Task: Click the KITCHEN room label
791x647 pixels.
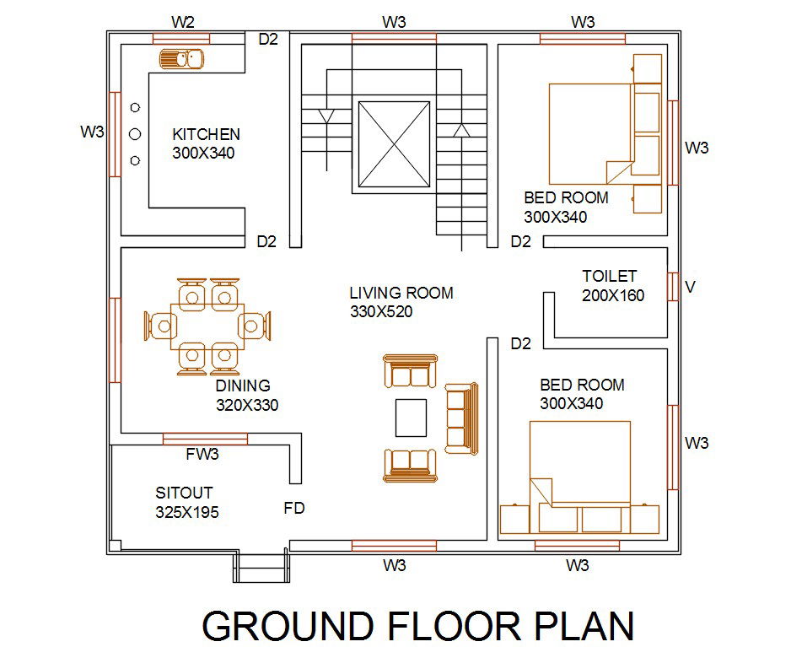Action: pos(206,134)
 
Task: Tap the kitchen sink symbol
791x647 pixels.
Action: pos(181,58)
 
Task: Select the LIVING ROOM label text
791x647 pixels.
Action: pos(401,293)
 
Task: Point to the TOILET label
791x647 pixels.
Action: pos(609,276)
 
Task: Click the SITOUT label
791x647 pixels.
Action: pos(184,493)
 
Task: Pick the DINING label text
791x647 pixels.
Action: pos(243,386)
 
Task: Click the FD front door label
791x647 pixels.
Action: pos(293,509)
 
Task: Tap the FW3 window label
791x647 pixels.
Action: pos(202,455)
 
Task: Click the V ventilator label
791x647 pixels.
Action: pos(690,288)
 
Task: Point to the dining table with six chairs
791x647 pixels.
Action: pos(207,326)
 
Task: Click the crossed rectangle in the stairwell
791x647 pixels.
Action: pos(394,144)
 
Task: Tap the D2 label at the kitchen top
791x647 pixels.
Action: pos(267,38)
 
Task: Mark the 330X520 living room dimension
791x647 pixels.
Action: pos(381,311)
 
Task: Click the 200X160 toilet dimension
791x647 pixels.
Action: pos(613,295)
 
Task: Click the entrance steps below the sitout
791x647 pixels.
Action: pos(260,569)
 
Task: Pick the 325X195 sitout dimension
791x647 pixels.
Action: pos(187,512)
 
